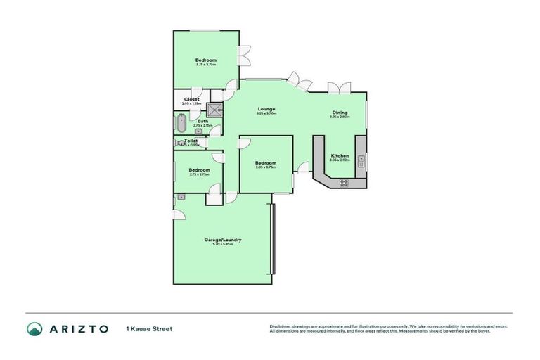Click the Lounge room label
click(x=266, y=109)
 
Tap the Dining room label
click(x=339, y=112)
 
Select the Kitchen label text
click(x=340, y=155)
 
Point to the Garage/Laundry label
click(x=223, y=240)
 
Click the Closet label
click(x=191, y=99)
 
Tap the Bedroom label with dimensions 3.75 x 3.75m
click(x=206, y=60)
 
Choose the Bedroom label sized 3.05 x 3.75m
click(x=265, y=163)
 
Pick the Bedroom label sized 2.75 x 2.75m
click(x=199, y=170)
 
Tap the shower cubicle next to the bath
click(x=214, y=110)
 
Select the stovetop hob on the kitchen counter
click(x=344, y=183)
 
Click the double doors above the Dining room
click(x=339, y=88)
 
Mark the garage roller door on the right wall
click(x=274, y=239)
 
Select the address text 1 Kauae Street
click(x=149, y=328)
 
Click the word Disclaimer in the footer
click(x=282, y=326)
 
